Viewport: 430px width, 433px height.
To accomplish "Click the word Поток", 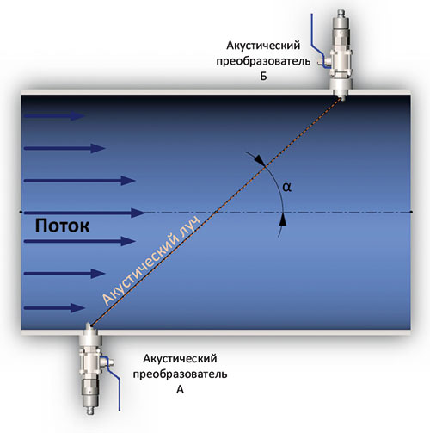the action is [62, 226].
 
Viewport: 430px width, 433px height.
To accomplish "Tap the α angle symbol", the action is [287, 187].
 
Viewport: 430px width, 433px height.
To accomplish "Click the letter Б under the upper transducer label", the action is [263, 76].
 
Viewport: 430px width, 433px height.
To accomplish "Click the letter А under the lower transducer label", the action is [180, 389].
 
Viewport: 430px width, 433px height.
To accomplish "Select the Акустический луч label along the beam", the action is [150, 261].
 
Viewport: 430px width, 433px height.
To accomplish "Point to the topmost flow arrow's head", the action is [78, 116].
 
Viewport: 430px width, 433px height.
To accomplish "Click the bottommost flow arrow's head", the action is [78, 308].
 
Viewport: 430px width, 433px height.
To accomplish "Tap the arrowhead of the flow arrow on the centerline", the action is [138, 213].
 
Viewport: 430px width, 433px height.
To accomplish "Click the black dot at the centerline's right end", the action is [411, 212].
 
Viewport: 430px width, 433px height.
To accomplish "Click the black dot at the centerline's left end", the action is [21, 212].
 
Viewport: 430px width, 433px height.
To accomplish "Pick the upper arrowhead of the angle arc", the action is [261, 160].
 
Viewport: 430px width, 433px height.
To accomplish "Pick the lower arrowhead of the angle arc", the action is [283, 220].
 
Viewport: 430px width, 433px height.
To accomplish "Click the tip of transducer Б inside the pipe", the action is [341, 99].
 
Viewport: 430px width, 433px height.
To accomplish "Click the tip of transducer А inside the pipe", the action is [89, 325].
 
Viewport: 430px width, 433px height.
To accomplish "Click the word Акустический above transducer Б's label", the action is [263, 46].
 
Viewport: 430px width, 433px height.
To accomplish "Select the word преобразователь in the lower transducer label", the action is [180, 374].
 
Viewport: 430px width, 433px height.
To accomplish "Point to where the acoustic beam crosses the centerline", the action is [216, 213].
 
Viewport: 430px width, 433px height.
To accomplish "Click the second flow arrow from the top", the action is [64, 148].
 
